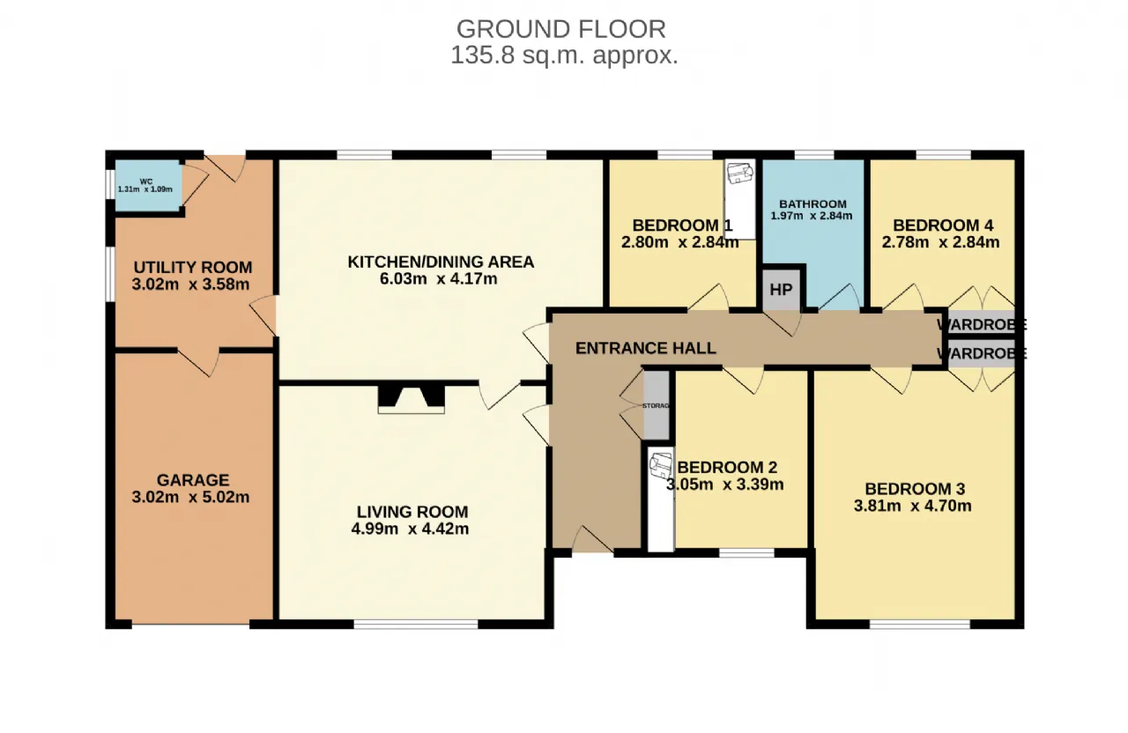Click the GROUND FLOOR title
click(x=561, y=29)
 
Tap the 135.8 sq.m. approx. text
click(x=565, y=56)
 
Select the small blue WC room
click(x=148, y=186)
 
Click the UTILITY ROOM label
click(x=193, y=267)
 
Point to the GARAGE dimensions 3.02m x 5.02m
click(x=191, y=498)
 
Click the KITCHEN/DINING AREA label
click(x=441, y=262)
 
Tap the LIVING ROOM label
click(x=412, y=512)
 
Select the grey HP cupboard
click(x=781, y=291)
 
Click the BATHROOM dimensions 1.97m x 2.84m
click(x=812, y=216)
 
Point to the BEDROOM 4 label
click(x=943, y=225)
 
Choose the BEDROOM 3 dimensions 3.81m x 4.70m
click(x=912, y=506)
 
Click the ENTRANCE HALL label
click(x=646, y=348)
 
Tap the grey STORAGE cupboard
click(x=657, y=405)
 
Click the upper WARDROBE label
click(x=982, y=325)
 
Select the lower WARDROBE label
click(x=982, y=354)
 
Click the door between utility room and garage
click(x=199, y=361)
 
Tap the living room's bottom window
click(x=416, y=625)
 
